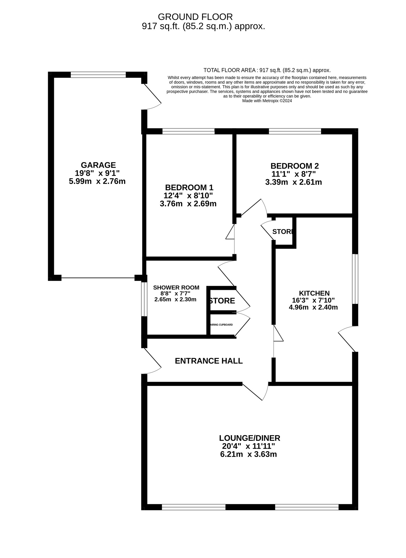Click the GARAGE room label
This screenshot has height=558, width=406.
click(x=98, y=165)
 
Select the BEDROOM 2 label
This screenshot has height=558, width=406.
click(x=295, y=166)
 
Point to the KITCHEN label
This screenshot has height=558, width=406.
click(x=314, y=293)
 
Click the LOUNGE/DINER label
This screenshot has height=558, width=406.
click(x=249, y=438)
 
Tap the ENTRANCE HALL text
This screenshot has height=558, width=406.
click(x=209, y=361)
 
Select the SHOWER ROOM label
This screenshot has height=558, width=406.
click(x=176, y=288)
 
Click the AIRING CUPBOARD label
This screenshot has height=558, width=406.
click(x=222, y=325)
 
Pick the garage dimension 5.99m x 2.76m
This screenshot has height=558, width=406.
click(x=97, y=181)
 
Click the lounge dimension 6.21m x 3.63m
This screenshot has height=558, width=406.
click(x=248, y=454)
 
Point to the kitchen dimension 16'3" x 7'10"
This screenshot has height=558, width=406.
click(x=313, y=300)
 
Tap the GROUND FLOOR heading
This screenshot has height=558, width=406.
click(x=195, y=17)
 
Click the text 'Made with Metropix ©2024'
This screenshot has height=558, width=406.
click(x=267, y=101)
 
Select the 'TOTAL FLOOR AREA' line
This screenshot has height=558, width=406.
click(x=267, y=70)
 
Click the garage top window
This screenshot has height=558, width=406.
click(x=98, y=75)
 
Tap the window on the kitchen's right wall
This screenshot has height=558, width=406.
click(x=355, y=279)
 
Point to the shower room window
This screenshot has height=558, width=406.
click(x=144, y=299)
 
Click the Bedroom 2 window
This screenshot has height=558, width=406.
click(x=295, y=131)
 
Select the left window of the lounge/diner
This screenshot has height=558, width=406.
click(x=194, y=507)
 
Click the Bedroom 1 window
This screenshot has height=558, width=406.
click(x=188, y=131)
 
